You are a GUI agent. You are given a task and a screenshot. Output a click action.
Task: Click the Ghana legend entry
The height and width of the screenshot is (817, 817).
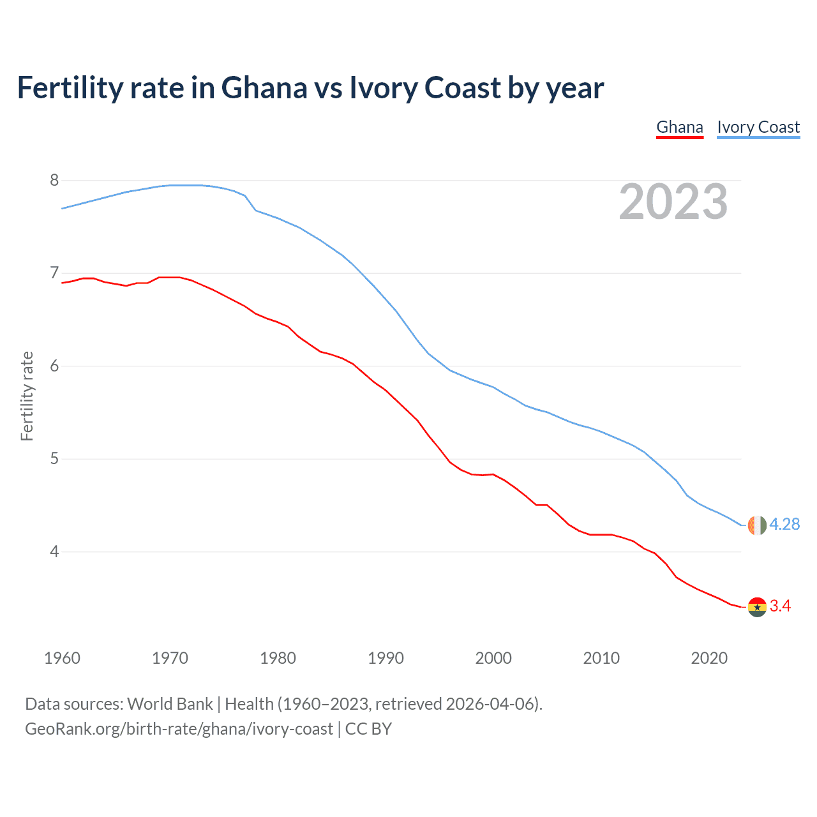point(680,127)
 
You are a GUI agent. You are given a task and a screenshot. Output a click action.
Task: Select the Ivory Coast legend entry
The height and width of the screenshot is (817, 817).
point(758,127)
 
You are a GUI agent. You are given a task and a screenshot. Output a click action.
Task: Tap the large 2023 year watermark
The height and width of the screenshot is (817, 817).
point(673,202)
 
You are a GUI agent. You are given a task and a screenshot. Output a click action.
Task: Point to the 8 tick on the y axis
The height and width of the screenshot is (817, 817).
point(54,181)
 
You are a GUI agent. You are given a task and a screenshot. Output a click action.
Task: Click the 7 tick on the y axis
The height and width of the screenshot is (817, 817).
point(54,273)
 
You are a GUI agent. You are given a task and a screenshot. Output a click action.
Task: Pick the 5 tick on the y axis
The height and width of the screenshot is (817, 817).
point(54,459)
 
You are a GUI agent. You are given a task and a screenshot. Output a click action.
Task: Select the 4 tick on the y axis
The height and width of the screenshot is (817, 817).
point(54,551)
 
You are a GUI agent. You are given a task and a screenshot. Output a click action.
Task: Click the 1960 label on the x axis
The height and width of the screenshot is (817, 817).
point(62,658)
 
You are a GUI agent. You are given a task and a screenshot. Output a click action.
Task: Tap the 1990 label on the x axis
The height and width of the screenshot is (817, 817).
point(386,658)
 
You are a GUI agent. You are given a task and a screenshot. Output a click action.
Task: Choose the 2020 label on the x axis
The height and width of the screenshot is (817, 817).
point(709,658)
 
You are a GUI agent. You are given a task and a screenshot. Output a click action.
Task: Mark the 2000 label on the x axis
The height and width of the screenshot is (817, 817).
point(493,658)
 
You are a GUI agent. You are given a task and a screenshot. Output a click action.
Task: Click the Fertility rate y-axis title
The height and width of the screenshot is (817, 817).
point(27,396)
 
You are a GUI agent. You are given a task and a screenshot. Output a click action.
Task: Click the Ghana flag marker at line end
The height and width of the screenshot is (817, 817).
point(757,607)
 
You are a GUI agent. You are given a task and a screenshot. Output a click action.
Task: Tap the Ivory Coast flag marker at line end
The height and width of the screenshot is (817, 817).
point(757,525)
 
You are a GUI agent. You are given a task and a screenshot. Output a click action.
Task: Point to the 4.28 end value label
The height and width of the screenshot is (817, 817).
point(784,525)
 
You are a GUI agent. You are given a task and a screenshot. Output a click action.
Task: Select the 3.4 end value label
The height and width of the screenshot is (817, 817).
point(780,606)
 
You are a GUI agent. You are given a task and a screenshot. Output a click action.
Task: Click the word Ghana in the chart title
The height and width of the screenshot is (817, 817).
point(264,88)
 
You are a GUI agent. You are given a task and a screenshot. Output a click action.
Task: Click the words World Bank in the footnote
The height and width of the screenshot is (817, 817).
point(170,704)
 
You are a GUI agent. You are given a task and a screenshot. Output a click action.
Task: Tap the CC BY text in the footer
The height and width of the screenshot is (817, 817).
point(368,729)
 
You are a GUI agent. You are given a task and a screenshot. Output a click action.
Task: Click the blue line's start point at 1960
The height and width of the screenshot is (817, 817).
point(63,208)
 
